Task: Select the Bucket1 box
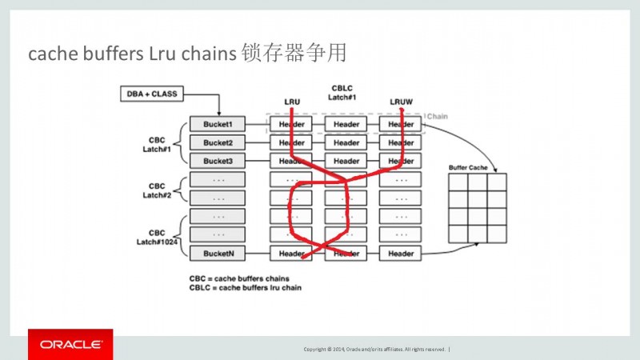point(218,125)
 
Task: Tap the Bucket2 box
point(218,142)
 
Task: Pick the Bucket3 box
point(218,161)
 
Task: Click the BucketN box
point(218,253)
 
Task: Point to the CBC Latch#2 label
point(157,190)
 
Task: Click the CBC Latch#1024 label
point(157,237)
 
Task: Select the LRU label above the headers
point(292,102)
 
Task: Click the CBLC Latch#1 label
point(342,92)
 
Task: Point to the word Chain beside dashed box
point(437,116)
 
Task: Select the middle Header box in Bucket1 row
point(346,125)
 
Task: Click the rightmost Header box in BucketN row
point(400,253)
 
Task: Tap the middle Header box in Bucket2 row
point(346,142)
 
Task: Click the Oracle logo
point(70,344)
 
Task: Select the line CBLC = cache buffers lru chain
point(239,287)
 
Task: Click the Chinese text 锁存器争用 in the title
point(294,54)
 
